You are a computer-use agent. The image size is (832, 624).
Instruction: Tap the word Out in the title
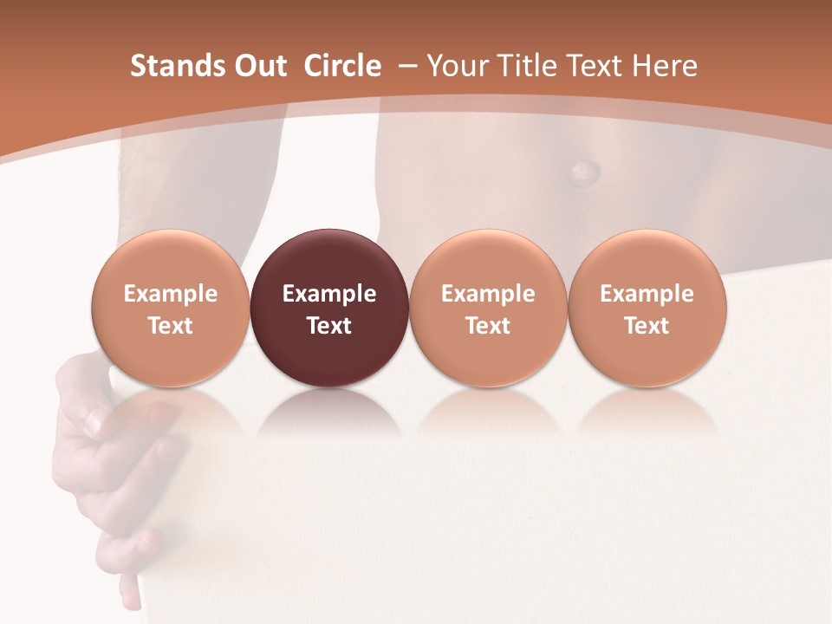coord(258,66)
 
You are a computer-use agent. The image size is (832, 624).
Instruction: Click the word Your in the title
coord(455,66)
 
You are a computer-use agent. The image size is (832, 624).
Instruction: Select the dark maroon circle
coord(329,308)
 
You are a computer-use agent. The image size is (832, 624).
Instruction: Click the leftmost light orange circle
coord(171,308)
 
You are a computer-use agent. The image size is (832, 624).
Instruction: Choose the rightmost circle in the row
coord(647,308)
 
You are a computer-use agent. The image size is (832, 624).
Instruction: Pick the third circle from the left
coord(488,308)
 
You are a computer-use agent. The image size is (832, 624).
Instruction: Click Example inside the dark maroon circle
coord(329,294)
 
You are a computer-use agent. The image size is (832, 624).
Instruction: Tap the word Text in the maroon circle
coord(329,326)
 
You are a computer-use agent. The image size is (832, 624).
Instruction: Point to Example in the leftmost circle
coord(171,294)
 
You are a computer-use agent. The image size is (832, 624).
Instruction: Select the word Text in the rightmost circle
coord(647,326)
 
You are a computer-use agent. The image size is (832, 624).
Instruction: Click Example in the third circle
coord(488,294)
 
